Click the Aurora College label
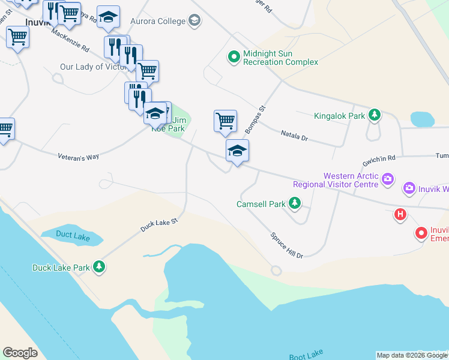coord(159,21)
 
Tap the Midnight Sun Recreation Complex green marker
coord(233,57)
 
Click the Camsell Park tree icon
coord(294,204)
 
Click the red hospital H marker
coord(400,215)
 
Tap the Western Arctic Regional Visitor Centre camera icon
coord(388,179)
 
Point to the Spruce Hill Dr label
coord(286,245)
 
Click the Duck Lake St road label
coord(160,225)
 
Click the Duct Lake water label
coord(73,235)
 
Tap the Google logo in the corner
coord(20,353)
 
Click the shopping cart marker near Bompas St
coord(225,121)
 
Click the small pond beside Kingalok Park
coord(422,119)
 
